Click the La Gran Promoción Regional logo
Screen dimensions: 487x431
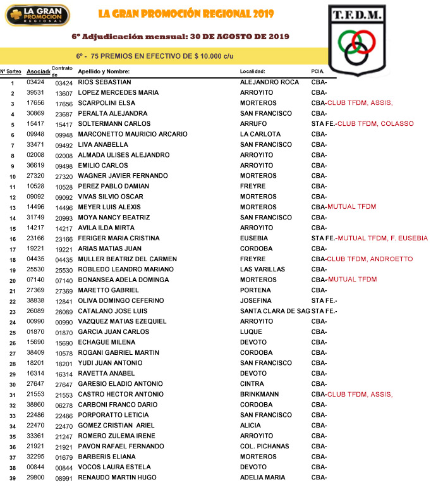tap(37, 15)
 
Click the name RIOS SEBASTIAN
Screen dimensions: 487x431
tap(104, 82)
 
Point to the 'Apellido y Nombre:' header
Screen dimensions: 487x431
tap(104, 71)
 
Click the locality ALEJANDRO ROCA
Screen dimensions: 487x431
tap(269, 82)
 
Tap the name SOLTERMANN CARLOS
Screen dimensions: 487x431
tap(114, 124)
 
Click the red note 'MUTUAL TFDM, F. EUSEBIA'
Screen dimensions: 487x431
tap(382, 238)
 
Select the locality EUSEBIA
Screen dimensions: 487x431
tap(255, 238)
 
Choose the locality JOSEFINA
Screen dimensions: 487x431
tap(256, 300)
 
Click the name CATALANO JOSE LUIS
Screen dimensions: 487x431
tap(112, 311)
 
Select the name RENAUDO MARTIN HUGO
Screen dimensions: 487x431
tap(117, 478)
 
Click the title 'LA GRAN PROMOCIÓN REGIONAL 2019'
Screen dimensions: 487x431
tap(182, 14)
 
